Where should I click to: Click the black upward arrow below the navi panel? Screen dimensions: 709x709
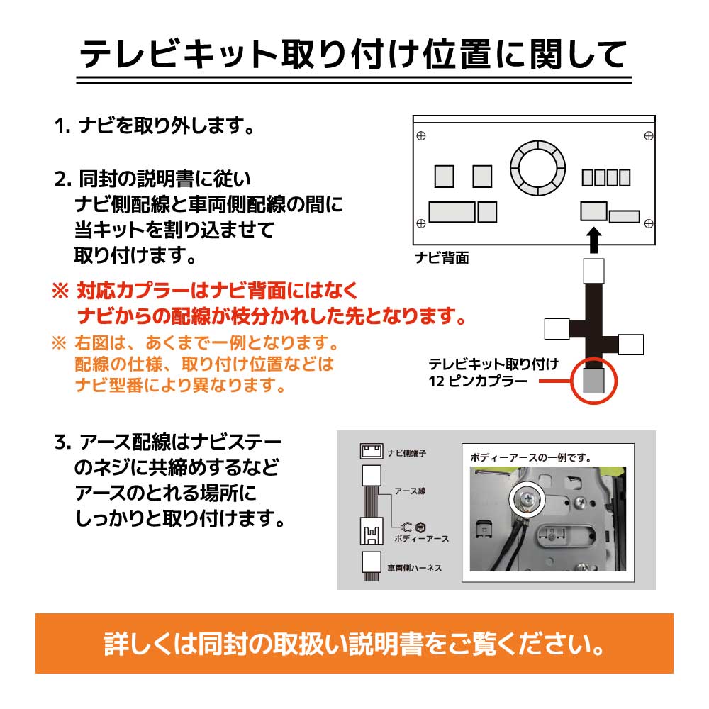[594, 239]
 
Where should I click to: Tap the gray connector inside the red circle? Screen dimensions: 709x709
[593, 380]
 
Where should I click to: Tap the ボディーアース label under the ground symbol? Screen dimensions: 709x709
[420, 539]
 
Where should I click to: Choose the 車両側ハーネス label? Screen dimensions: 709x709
[415, 568]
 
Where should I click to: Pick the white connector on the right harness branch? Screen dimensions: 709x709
[630, 344]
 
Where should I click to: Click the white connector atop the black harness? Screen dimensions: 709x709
[593, 270]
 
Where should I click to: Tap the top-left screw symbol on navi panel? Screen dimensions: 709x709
[420, 135]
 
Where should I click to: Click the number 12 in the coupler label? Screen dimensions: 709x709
[436, 381]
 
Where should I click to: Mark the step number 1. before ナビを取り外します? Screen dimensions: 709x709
[63, 128]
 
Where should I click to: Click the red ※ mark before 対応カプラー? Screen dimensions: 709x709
[60, 291]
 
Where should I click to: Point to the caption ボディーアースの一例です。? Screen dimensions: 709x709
[530, 458]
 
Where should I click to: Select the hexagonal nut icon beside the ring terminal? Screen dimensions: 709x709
[419, 527]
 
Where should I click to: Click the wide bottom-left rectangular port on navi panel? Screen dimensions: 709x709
[452, 211]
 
